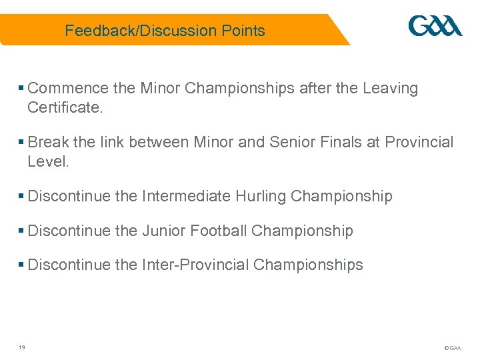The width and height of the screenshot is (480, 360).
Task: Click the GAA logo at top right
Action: pos(435,26)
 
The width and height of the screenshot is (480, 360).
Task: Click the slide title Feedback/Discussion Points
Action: pos(165,31)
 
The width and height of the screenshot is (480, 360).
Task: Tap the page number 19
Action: pos(22,347)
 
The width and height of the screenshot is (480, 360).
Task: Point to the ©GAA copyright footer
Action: pos(452,348)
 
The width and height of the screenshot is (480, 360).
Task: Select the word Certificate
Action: pos(65,107)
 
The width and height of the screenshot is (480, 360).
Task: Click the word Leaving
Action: pos(390,89)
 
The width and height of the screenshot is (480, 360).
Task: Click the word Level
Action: pos(48,161)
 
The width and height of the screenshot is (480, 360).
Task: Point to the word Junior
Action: pos(163,231)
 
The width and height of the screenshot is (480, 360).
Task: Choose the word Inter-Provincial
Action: pos(195,265)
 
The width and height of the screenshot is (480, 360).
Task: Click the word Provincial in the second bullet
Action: pos(419,143)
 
